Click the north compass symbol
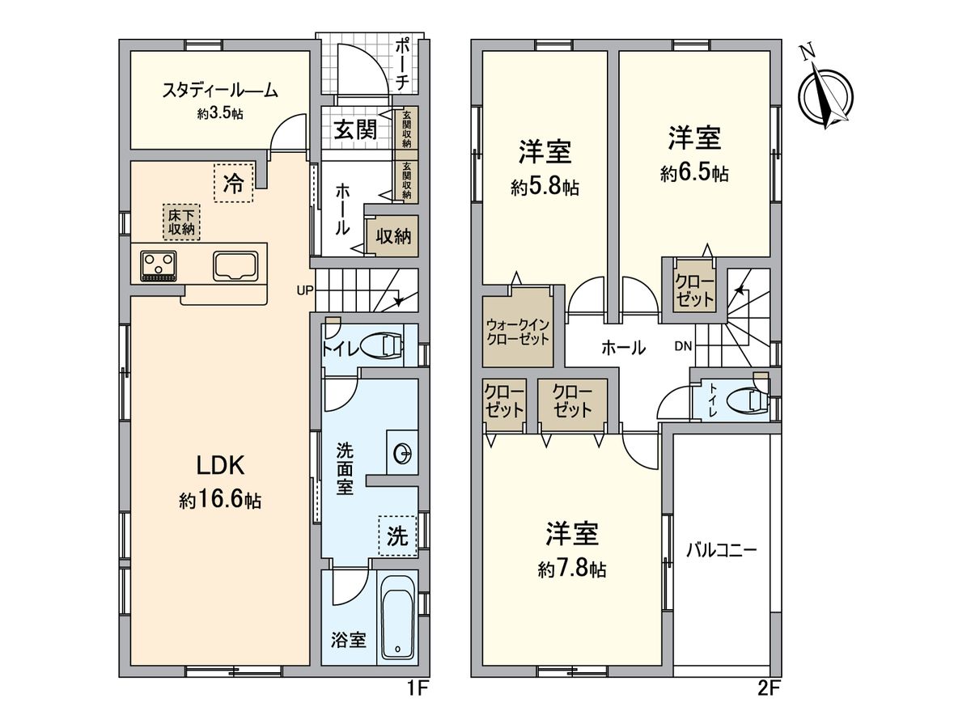[825, 93]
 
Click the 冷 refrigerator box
[233, 183]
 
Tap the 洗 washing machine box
[396, 536]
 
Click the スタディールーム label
[220, 91]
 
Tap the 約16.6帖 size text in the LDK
[219, 501]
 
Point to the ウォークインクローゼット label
[518, 332]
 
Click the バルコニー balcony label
[721, 550]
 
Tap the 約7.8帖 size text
[572, 569]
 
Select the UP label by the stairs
[306, 290]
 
